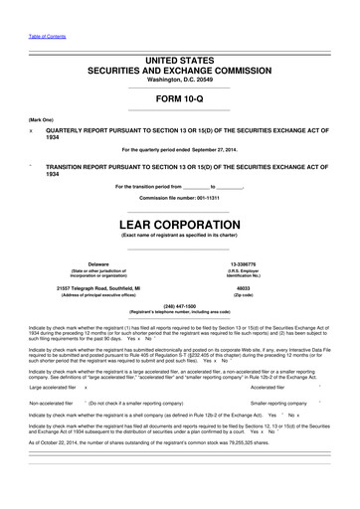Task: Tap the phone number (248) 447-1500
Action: [x=179, y=306]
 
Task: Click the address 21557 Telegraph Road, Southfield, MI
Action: [x=98, y=288]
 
